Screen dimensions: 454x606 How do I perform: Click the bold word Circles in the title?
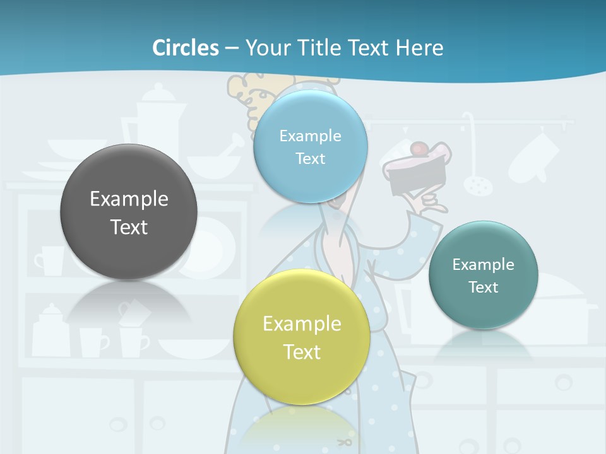(x=186, y=48)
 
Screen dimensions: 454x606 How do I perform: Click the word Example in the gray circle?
(x=129, y=199)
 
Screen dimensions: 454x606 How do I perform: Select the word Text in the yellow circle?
(x=302, y=352)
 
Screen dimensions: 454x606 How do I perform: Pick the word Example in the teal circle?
(x=483, y=265)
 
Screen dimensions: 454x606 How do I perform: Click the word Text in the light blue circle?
(x=310, y=158)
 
